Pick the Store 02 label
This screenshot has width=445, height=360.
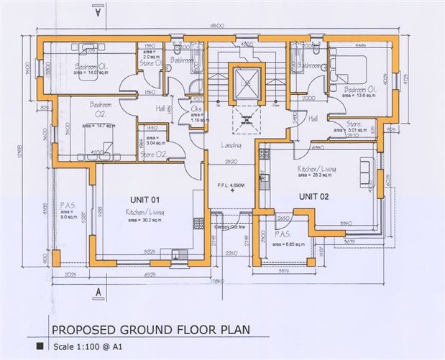152,154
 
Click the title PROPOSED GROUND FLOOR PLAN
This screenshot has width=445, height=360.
150,332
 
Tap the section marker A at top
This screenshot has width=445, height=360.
96,11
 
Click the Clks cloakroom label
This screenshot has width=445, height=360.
196,110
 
